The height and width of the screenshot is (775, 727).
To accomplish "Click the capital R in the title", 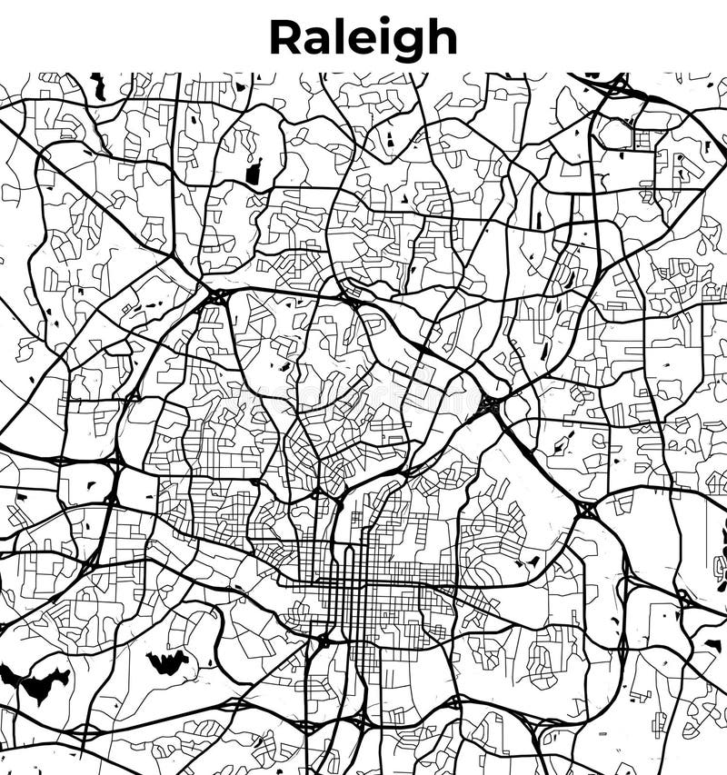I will pos(288,38).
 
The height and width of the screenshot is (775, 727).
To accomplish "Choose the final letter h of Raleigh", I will pos(441,38).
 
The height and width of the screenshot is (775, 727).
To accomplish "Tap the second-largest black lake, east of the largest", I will pos(167,661).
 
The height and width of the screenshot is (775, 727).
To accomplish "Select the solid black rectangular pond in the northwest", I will pos(254,172).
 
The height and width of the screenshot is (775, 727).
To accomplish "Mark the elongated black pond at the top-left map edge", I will pos(98,86).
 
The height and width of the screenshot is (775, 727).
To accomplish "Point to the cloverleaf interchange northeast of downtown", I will pos(490,404).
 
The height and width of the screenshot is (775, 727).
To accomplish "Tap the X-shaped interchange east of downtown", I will pos(586,510).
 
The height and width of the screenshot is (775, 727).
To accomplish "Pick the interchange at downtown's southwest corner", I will pos(321,641).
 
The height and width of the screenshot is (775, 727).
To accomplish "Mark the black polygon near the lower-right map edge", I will pos(712,644).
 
